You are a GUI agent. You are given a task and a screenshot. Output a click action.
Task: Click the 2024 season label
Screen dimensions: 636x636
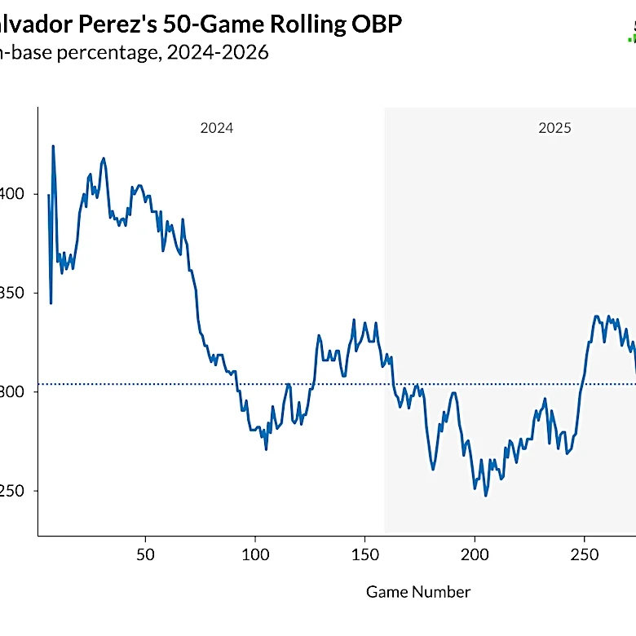pos(216,128)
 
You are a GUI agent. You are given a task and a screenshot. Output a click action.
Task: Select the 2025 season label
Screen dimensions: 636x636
pos(554,128)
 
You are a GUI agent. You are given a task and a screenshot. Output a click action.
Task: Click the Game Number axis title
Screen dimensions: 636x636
pos(417,592)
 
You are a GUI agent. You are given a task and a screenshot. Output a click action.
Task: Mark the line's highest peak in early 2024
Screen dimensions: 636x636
pos(53,146)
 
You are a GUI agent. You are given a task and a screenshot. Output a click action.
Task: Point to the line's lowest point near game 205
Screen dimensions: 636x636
pos(486,495)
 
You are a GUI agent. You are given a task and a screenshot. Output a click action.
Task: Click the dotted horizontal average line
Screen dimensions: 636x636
pos(326,384)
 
